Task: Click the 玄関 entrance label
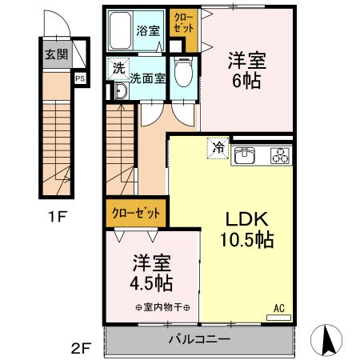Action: tap(57, 54)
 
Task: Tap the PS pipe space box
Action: tap(80, 78)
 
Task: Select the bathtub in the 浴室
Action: tap(120, 30)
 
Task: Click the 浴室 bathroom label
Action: tap(148, 30)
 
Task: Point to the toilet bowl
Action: tap(184, 71)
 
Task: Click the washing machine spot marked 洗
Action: tap(118, 69)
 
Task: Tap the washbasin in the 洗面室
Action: tap(122, 90)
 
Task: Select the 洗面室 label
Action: tap(148, 78)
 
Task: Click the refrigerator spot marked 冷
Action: tap(218, 148)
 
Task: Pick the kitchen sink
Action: tap(245, 155)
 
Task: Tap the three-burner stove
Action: tap(281, 155)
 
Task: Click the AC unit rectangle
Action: tap(278, 318)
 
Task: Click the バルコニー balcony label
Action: tap(199, 339)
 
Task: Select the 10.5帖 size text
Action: tap(246, 240)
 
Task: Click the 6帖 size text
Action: tap(246, 81)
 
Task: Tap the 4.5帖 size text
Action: tap(151, 283)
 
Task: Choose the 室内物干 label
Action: tap(163, 307)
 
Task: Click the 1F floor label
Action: tap(57, 217)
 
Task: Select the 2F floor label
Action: tap(82, 348)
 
